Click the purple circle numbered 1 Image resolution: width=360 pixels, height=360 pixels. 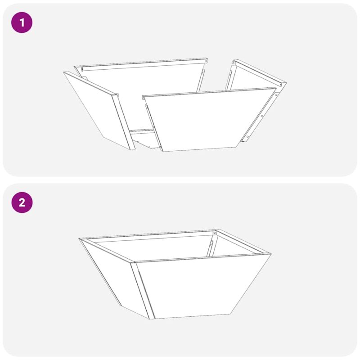[x=22, y=23]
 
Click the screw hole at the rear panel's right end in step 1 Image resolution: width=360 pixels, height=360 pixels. [x=206, y=61]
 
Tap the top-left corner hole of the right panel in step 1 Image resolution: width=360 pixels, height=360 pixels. [x=234, y=63]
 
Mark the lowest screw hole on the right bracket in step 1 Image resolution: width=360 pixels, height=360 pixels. [x=248, y=137]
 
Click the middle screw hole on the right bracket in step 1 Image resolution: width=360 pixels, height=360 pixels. [x=262, y=116]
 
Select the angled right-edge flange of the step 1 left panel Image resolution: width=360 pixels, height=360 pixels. [x=123, y=122]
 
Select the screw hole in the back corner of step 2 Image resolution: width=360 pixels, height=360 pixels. [x=215, y=233]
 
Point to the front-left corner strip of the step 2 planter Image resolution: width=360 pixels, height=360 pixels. [x=143, y=291]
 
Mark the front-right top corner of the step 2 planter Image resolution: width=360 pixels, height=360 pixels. [x=271, y=254]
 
